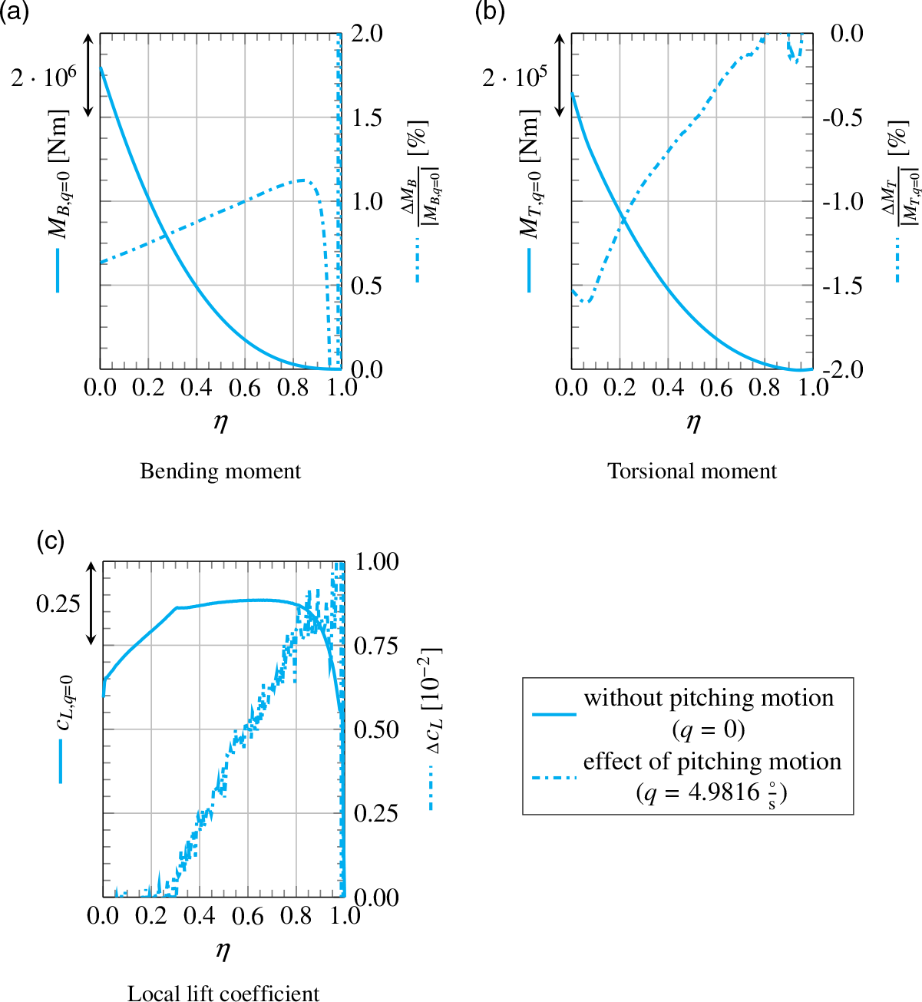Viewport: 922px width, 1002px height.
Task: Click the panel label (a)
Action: (15, 13)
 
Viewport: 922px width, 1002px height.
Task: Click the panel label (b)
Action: (489, 13)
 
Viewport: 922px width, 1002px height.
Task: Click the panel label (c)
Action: (50, 541)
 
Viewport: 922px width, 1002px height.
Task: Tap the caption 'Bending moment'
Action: (220, 471)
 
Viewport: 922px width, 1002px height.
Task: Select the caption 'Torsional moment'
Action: (692, 471)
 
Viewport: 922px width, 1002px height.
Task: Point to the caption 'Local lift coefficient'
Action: (223, 993)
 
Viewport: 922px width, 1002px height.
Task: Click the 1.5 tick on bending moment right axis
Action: (366, 117)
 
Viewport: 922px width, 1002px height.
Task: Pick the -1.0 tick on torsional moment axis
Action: (842, 201)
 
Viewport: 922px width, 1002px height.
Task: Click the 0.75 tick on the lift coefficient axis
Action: (376, 646)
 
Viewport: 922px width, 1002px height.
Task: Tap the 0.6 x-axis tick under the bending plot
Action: (244, 388)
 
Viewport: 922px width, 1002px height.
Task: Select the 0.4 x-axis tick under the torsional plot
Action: (668, 388)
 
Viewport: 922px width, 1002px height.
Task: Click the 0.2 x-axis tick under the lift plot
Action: (151, 916)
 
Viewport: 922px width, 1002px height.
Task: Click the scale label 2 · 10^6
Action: (44, 77)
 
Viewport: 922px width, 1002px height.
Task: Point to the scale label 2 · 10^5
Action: (515, 77)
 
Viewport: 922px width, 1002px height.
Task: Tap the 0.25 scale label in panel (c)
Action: (58, 604)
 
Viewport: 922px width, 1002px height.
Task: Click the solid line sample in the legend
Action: (554, 714)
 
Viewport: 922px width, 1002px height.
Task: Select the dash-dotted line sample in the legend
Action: (554, 778)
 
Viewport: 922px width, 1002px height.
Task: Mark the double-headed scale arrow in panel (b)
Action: (560, 75)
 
